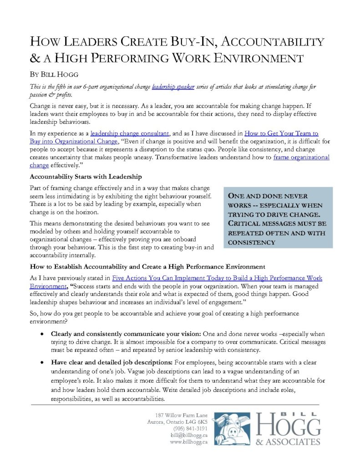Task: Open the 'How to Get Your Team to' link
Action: click(281, 133)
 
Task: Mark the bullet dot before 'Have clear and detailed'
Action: click(42, 363)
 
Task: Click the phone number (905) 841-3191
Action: click(190, 428)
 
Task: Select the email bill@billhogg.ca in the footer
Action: click(189, 435)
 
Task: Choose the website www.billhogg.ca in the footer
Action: click(188, 442)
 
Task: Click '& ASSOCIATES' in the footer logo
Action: click(288, 442)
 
